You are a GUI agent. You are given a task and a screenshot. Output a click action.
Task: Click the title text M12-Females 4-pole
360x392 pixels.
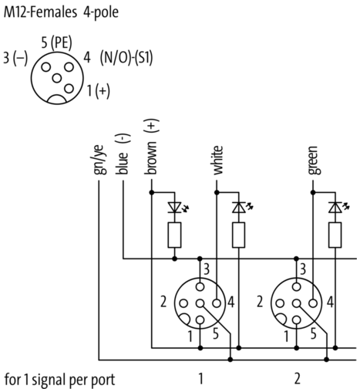point(61,12)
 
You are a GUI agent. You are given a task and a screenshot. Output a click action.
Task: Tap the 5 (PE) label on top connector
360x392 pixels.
point(56,42)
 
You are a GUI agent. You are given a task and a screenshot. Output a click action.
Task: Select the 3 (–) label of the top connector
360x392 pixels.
point(15,58)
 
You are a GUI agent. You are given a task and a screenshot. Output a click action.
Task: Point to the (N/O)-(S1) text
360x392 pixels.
point(126,58)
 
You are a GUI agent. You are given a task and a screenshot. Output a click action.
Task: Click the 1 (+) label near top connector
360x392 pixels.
point(99,91)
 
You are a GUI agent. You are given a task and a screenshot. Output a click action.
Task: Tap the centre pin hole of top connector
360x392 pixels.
point(57,78)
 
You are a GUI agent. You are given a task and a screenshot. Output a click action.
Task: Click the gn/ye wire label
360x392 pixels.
point(99,160)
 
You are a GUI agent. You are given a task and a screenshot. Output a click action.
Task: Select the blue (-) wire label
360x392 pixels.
point(123,154)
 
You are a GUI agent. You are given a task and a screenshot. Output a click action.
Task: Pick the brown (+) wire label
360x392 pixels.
point(151,147)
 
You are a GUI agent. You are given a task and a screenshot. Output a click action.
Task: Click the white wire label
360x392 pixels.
point(217,161)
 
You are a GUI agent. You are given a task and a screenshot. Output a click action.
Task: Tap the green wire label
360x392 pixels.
point(314,161)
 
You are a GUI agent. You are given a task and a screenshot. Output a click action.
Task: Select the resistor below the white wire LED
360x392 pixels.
point(238,235)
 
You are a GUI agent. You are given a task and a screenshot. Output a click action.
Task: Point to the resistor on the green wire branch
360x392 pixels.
point(335,235)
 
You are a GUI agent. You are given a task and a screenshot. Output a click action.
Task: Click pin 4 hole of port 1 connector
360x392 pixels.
point(217,303)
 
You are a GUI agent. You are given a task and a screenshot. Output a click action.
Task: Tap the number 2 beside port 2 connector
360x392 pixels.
point(260,302)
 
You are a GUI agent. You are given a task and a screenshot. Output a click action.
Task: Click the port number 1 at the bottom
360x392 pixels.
point(200,379)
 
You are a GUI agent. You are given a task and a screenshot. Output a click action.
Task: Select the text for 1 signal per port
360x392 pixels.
point(60,380)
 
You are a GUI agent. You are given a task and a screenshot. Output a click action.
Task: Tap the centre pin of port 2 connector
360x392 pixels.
point(296,303)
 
